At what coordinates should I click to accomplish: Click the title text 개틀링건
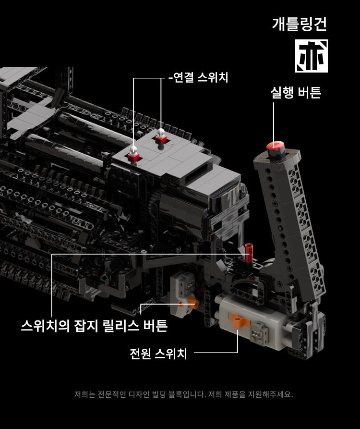coord(300,24)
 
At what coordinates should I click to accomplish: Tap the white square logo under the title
coord(312,56)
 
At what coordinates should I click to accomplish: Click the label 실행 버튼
coord(296,92)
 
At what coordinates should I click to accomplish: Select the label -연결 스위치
coord(198,77)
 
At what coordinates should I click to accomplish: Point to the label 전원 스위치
coord(158,354)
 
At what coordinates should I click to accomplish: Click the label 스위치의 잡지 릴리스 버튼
coord(94,326)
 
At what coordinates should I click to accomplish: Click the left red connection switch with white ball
coord(133,154)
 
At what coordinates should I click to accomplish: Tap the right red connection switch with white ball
coord(161,136)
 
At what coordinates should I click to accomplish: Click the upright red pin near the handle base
coord(249,253)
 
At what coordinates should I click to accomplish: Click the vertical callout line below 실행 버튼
coord(273,123)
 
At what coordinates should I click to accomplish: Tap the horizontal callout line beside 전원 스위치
coord(216,353)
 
